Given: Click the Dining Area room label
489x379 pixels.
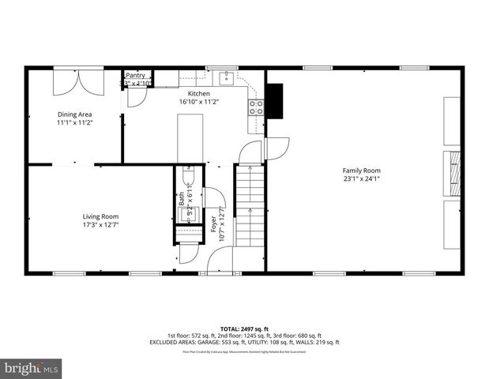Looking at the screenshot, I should click(x=75, y=114).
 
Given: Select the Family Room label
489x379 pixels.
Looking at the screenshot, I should click(x=361, y=171).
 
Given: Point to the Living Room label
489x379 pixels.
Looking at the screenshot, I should click(x=100, y=216).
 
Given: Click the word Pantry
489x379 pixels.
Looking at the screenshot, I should click(x=135, y=76).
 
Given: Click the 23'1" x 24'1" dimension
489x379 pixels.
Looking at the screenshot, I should click(x=361, y=179).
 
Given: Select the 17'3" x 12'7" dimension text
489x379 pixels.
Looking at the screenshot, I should click(x=100, y=225).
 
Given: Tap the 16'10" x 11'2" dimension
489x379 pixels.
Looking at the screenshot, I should click(x=198, y=102).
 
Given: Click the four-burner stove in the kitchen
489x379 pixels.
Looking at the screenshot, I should click(x=256, y=107).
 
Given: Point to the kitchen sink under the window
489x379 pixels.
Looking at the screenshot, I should click(x=226, y=77).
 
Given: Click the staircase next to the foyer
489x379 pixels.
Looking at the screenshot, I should click(x=248, y=207).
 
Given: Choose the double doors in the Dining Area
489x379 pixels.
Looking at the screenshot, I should click(x=74, y=82).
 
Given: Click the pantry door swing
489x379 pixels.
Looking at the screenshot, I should click(x=135, y=96).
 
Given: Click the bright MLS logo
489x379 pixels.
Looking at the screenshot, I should click(x=32, y=368).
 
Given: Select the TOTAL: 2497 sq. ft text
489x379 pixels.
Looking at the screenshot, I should click(x=244, y=328).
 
